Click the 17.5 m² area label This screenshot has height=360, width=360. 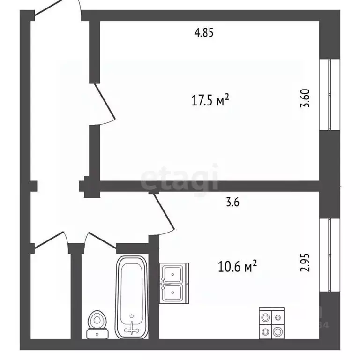click(210, 100)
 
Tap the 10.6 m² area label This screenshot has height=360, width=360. click(237, 267)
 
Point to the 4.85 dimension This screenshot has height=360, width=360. click(204, 33)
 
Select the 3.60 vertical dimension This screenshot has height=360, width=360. click(306, 98)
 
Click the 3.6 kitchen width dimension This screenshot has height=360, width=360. click(233, 202)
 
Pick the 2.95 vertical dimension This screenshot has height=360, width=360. click(306, 263)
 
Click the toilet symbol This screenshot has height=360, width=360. click(97, 323)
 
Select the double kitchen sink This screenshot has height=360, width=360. click(174, 283)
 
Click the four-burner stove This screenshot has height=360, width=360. click(272, 323)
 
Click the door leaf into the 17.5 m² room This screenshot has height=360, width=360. click(105, 103)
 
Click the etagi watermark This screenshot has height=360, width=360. click(180, 178)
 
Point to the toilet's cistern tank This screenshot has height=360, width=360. click(97, 334)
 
